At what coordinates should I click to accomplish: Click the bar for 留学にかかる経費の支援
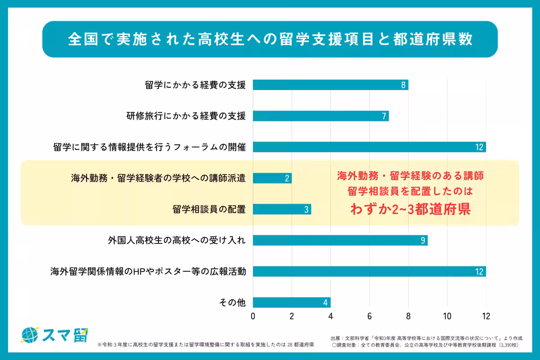pos(330,85)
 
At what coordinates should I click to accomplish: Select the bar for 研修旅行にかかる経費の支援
pos(320,116)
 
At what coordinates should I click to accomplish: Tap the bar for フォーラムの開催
pos(369,147)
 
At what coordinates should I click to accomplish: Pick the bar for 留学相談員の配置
pos(282,209)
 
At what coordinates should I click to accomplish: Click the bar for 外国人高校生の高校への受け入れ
pos(340,240)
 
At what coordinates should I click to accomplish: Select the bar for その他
pos(292,302)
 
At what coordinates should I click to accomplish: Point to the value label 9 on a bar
pos(423,240)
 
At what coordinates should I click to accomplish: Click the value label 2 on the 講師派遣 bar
pos(287,178)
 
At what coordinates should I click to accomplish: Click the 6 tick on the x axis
pos(369,316)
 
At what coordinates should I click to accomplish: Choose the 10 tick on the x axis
pos(447,316)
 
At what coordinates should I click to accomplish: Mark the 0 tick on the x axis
pos(253,316)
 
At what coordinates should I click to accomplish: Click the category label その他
pos(232,302)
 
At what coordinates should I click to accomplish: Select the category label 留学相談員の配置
pos(209,209)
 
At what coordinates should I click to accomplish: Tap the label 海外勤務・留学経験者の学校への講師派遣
pos(158,178)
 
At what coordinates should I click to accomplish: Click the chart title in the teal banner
pos(270,39)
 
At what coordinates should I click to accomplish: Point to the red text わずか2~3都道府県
pos(410,209)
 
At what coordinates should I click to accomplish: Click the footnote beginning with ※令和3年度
pos(205,345)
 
